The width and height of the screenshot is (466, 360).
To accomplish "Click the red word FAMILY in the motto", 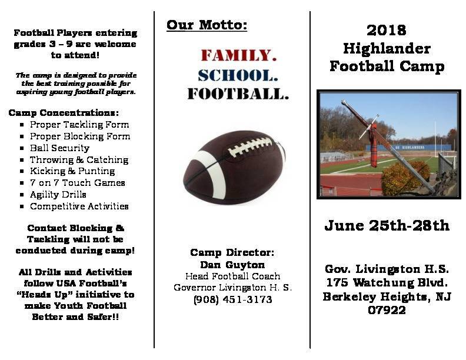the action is pyautogui.click(x=239, y=55).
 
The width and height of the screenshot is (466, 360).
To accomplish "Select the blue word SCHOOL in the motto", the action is pyautogui.click(x=238, y=75).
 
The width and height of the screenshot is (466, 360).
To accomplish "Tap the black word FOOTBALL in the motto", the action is pyautogui.click(x=238, y=94).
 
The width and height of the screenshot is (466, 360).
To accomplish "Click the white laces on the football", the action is pyautogui.click(x=249, y=146).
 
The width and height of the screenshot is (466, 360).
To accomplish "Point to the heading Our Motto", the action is pyautogui.click(x=207, y=25).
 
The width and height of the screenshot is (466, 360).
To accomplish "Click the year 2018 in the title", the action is pyautogui.click(x=387, y=31).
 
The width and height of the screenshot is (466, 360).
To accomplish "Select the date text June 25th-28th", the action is pyautogui.click(x=387, y=225).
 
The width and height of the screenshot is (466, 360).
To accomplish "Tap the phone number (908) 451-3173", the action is pyautogui.click(x=232, y=299).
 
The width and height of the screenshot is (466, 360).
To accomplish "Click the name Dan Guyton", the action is pyautogui.click(x=232, y=264).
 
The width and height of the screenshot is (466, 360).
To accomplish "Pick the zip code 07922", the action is pyautogui.click(x=387, y=310).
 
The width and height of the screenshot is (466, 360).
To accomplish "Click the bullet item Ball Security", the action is pyautogui.click(x=60, y=148).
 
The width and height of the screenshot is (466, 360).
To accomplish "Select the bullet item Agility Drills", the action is pyautogui.click(x=58, y=195).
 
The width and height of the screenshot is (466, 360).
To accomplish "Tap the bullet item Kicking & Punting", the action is pyautogui.click(x=72, y=171).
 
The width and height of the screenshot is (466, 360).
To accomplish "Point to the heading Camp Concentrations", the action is pyautogui.click(x=64, y=113).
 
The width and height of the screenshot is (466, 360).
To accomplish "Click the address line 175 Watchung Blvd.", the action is pyautogui.click(x=387, y=282).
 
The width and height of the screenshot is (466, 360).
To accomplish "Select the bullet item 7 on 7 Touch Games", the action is pyautogui.click(x=77, y=183).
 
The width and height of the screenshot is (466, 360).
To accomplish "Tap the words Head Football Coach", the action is pyautogui.click(x=232, y=276).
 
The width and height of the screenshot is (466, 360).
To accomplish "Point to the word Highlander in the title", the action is pyautogui.click(x=387, y=48).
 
